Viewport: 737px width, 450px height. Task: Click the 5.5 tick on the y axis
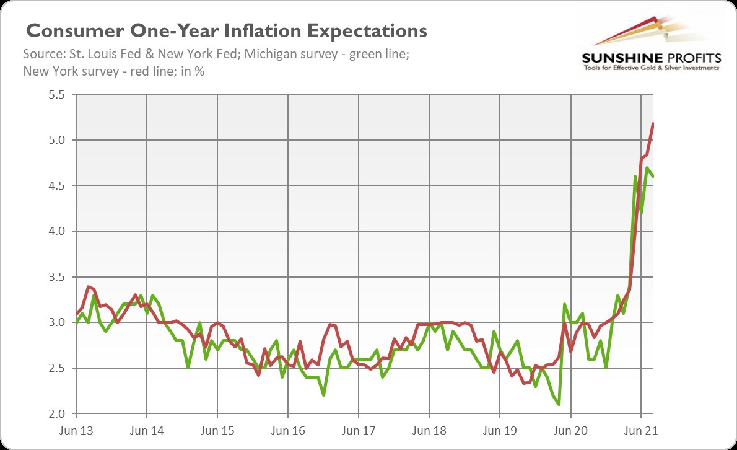(56, 95)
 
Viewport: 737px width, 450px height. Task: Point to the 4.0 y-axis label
(56, 231)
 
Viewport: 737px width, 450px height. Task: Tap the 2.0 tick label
(56, 413)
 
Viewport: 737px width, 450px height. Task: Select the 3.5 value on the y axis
(56, 277)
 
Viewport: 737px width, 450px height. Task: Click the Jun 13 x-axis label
(76, 429)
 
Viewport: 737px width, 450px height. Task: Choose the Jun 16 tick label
(287, 429)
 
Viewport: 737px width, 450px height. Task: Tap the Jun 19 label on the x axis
(499, 429)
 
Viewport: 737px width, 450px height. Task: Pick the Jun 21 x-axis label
(640, 429)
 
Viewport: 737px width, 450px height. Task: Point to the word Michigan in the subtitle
(276, 55)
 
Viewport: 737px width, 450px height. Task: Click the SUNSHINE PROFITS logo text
(651, 58)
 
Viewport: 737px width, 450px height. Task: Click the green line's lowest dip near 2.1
(559, 404)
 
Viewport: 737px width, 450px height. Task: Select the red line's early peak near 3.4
(89, 287)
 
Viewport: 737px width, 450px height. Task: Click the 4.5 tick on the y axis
(56, 186)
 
